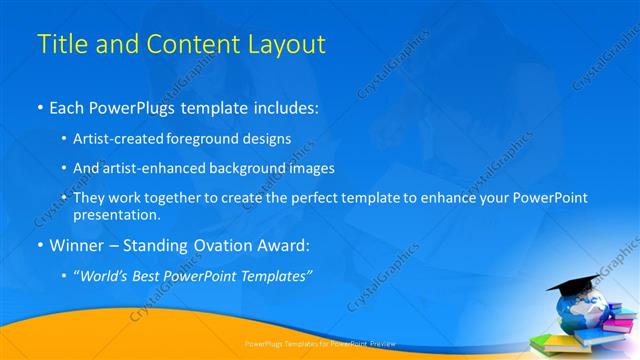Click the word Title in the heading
pyautogui.click(x=60, y=45)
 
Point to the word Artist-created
pyautogui.click(x=117, y=139)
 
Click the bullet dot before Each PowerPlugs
pyautogui.click(x=39, y=105)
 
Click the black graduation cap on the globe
pyautogui.click(x=572, y=287)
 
